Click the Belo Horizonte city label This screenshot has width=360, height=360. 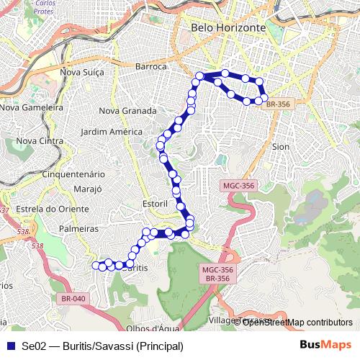click(228, 28)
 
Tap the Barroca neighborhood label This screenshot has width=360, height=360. click(150, 66)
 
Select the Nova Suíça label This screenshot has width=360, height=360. click(82, 72)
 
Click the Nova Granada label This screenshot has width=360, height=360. click(127, 111)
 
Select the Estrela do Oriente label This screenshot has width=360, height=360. click(46, 209)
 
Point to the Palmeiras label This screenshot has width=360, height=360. click(78, 228)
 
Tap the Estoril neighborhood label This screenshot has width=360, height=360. click(156, 204)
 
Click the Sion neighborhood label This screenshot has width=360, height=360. click(281, 146)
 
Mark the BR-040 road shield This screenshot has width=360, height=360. click(73, 299)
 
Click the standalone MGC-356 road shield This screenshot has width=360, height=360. click(238, 186)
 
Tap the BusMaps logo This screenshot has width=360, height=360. click(325, 346)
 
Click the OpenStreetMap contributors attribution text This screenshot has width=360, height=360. click(297, 322)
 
